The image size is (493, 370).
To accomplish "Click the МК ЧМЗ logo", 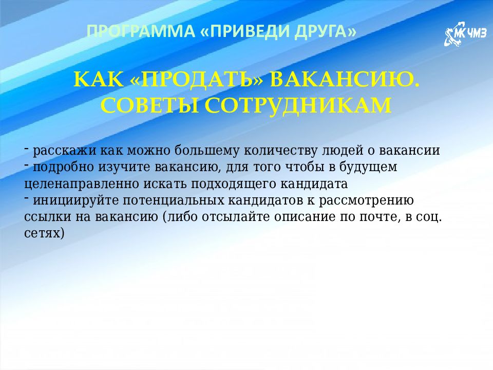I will [x=461, y=35].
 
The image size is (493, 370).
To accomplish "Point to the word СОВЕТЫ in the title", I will [x=144, y=105].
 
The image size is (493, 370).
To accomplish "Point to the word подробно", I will [x=61, y=167].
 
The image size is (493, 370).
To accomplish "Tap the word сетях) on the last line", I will [x=45, y=233].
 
